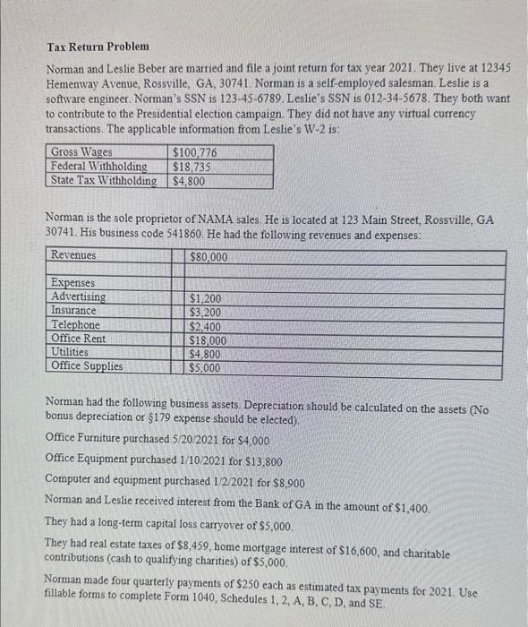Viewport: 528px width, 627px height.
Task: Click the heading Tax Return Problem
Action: click(98, 46)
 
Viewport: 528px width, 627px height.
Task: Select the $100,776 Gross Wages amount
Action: click(194, 153)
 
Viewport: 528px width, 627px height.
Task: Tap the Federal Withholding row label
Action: click(98, 167)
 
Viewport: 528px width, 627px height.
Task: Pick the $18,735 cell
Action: click(191, 167)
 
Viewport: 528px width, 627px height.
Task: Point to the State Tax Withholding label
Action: click(104, 181)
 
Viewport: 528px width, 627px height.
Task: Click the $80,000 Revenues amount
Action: click(209, 257)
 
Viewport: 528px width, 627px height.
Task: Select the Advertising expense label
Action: click(79, 296)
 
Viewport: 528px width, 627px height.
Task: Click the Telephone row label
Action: click(76, 324)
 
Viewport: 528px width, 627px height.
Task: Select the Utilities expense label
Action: click(71, 352)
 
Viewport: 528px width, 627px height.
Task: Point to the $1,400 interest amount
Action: click(407, 507)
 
